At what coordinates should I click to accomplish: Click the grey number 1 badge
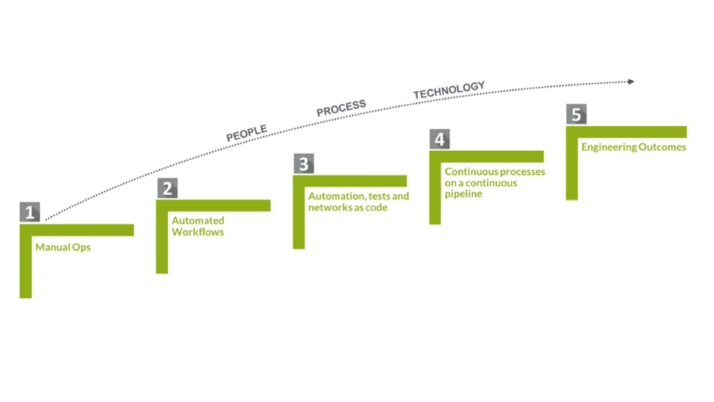pos(30,213)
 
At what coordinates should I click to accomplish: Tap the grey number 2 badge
pos(167,189)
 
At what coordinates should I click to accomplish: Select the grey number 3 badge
pos(303,164)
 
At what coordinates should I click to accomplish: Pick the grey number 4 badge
pos(440,139)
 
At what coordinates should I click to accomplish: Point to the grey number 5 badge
pos(576,114)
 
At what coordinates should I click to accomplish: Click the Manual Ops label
pos(63,247)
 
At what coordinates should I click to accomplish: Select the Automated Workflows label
pos(198,226)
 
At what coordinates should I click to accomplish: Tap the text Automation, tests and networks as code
pos(358,202)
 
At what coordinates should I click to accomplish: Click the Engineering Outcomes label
pos(634,147)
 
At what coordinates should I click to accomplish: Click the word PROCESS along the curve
pos(341,108)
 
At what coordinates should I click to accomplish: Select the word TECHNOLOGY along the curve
pos(449,90)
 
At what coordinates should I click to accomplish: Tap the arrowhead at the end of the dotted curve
pos(631,82)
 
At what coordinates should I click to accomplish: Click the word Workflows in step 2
pos(198,232)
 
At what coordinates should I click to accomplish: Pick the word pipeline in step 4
pos(463,194)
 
